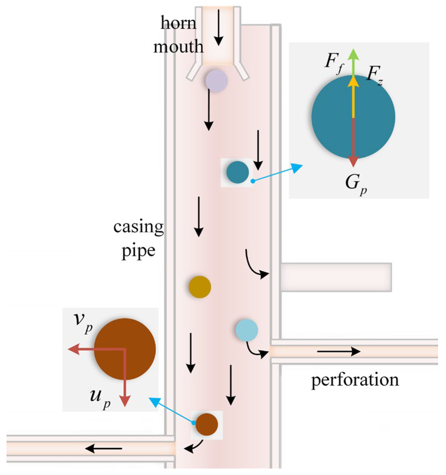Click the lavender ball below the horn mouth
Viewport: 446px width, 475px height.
(x=217, y=81)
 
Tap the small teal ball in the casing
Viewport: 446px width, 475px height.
(x=238, y=172)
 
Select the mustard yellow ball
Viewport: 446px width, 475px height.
(x=200, y=287)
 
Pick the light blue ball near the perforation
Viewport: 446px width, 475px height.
(x=247, y=330)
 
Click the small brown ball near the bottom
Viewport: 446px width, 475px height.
(x=207, y=424)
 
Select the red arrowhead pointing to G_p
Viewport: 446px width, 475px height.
(x=353, y=161)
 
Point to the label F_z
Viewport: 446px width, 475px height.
(x=375, y=75)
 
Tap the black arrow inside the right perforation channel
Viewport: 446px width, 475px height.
(x=339, y=351)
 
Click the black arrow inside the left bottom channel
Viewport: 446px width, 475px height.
(x=104, y=448)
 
